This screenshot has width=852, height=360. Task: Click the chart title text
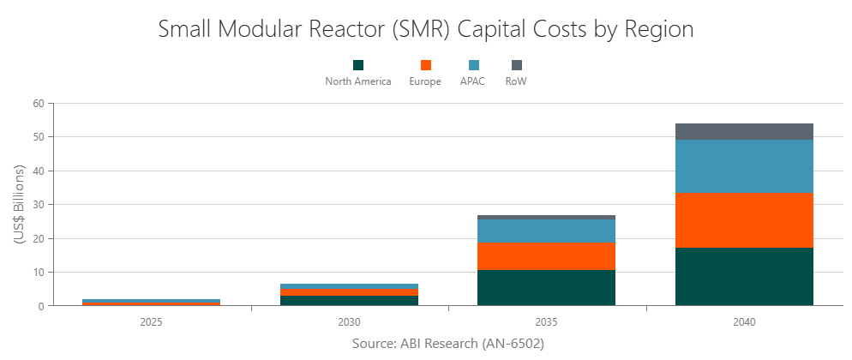426,28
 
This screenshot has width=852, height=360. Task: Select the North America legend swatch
358,65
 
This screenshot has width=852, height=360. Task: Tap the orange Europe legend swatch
425,65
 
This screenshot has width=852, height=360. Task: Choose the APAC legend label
472,81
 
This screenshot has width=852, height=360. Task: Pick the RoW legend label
516,81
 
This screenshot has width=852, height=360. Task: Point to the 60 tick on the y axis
38,103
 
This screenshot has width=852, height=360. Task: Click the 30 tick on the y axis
38,204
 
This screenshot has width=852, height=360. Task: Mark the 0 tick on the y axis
40,306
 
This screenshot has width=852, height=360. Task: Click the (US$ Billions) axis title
19,204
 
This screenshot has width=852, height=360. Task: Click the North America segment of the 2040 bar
744,276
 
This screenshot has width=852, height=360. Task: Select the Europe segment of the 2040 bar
744,220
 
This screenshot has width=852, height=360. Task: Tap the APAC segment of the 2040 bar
744,166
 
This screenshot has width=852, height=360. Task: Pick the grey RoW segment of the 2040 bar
744,131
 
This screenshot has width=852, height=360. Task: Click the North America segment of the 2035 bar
546,287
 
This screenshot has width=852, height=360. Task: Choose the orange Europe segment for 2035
546,256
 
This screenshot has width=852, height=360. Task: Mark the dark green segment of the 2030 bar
349,300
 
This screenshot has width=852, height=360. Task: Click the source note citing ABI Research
447,343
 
